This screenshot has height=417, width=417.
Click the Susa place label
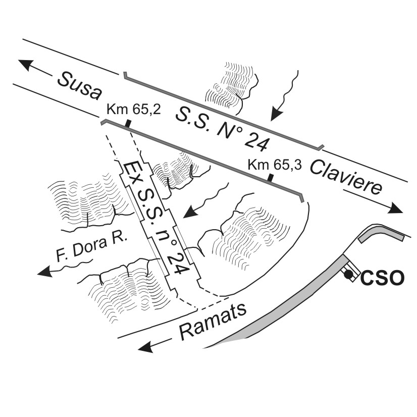[79, 86]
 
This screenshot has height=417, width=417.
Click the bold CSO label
[383, 278]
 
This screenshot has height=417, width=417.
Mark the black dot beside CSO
[348, 274]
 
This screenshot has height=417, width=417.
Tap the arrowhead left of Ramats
[146, 347]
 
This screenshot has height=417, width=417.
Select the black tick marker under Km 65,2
[129, 123]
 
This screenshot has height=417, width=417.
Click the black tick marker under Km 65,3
[271, 177]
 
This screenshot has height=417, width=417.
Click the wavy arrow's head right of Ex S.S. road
[189, 213]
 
